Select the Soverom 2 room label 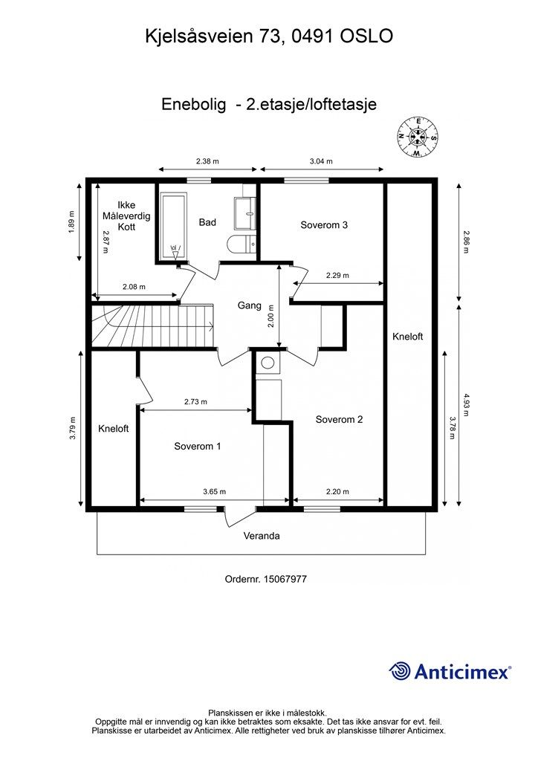pyautogui.click(x=339, y=419)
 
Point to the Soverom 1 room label pyautogui.click(x=198, y=447)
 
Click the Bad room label pyautogui.click(x=207, y=222)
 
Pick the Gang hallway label pyautogui.click(x=249, y=305)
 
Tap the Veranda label pyautogui.click(x=262, y=535)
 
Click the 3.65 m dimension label pyautogui.click(x=214, y=491)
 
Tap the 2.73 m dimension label pyautogui.click(x=195, y=401)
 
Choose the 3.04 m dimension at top pyautogui.click(x=321, y=161)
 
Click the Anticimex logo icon pyautogui.click(x=401, y=672)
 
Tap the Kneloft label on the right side pyautogui.click(x=407, y=337)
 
